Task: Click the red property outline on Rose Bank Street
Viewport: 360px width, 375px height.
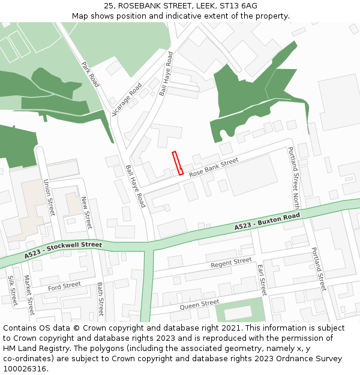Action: tap(178, 163)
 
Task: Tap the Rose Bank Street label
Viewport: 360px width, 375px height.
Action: tap(214, 167)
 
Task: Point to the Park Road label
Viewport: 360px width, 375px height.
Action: tap(90, 74)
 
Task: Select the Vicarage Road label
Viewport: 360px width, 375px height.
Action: tap(127, 99)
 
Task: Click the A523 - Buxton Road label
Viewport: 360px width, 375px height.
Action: tap(267, 221)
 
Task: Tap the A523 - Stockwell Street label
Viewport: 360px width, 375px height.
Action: tap(64, 250)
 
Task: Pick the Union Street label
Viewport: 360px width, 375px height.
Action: tap(50, 199)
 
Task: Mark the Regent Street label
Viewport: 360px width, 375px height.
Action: tap(231, 262)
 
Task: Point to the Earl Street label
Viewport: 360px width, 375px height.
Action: tap(261, 279)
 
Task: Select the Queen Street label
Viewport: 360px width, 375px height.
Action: tap(200, 305)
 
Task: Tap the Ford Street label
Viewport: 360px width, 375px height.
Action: tap(64, 286)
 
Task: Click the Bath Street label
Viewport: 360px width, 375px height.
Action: tap(100, 299)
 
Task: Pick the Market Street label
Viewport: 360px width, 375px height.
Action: tap(28, 295)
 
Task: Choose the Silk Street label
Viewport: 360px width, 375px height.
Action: tap(11, 290)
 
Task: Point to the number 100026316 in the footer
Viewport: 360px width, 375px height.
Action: tap(24, 368)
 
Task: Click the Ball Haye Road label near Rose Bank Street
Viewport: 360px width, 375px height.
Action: tap(136, 186)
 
